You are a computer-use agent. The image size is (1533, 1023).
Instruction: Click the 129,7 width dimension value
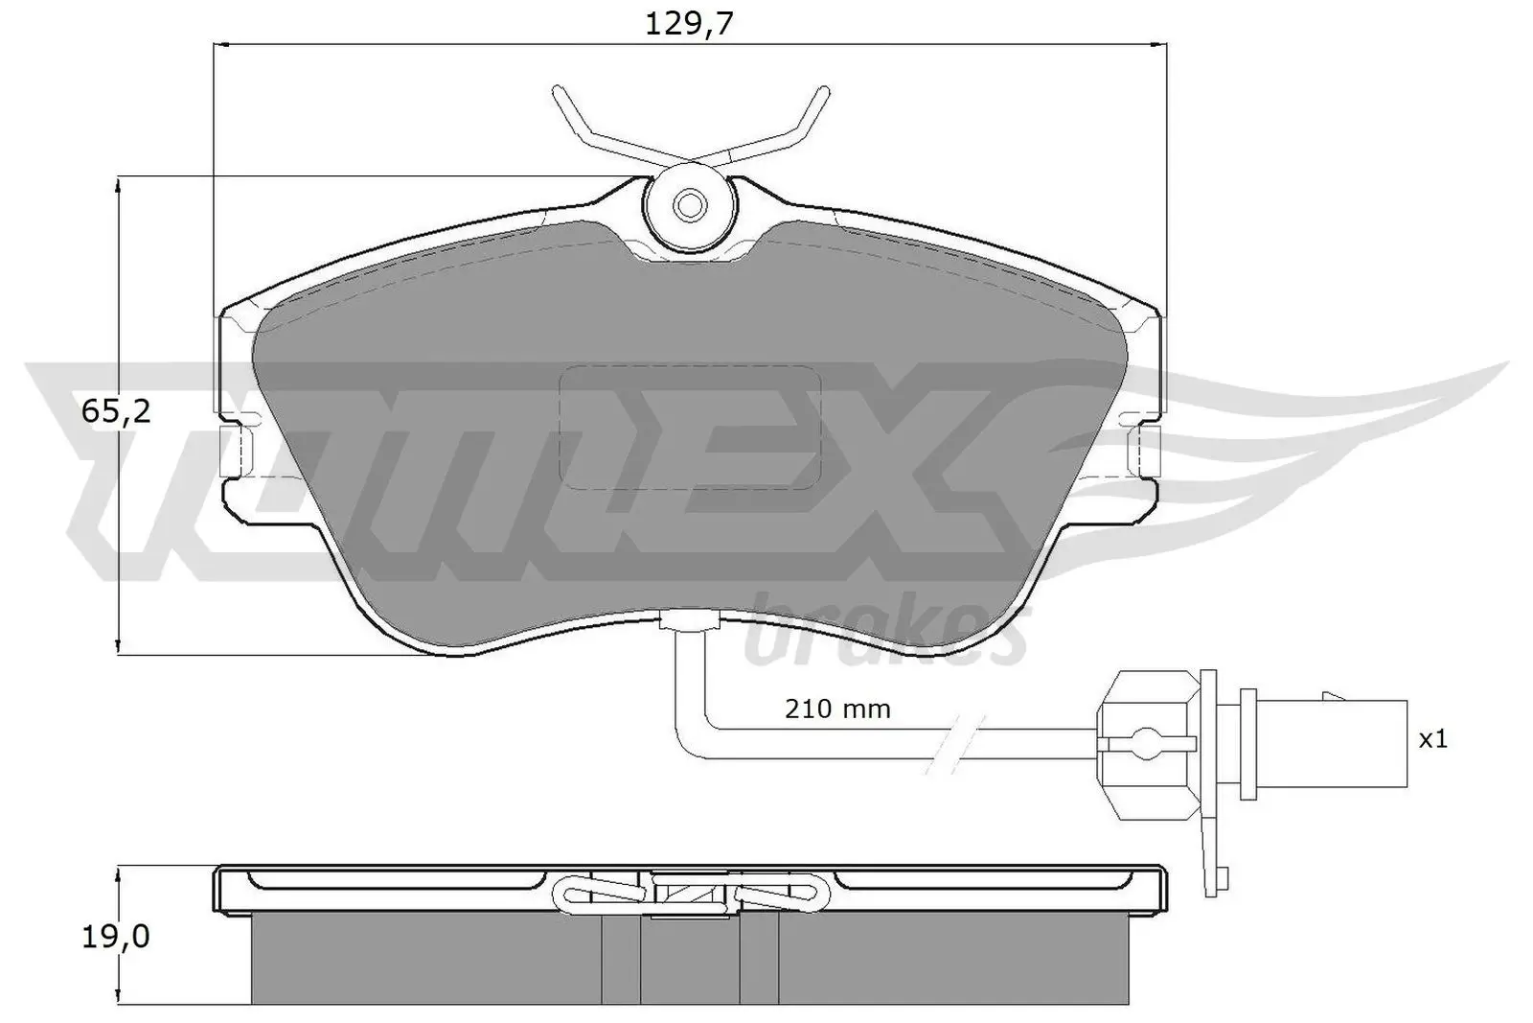coord(688,24)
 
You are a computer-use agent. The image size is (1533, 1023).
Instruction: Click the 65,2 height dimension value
coord(116,412)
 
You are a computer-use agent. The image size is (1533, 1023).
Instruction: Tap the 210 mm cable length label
coord(837,709)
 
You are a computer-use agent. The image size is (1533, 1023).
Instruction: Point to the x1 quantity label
coord(1432,738)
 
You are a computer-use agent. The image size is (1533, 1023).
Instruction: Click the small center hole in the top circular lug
coord(689,203)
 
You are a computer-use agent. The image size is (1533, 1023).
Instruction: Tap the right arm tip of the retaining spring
coord(822,92)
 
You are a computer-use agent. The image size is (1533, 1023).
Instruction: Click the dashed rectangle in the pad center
coord(690,428)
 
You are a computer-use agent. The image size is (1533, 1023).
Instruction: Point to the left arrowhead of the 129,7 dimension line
coord(218,44)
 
